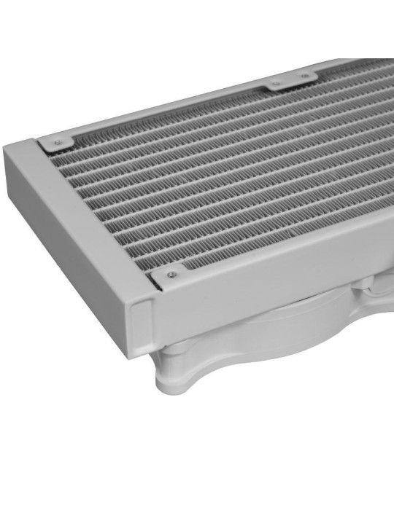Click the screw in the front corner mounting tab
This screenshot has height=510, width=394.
[x=171, y=275]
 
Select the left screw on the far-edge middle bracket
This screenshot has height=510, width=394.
[x=276, y=84]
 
